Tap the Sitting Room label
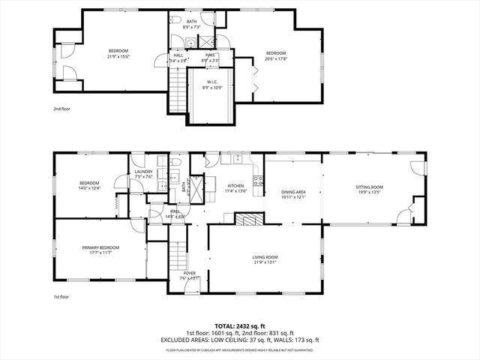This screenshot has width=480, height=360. coord(369,187)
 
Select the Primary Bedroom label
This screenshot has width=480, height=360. coord(100,247)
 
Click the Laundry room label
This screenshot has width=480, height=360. coord(143,172)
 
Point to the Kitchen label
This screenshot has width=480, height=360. coord(235,186)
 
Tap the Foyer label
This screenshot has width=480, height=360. coord(189,273)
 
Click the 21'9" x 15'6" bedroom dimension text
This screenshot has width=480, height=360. coord(118,56)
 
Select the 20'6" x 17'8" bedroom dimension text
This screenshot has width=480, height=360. coord(276,58)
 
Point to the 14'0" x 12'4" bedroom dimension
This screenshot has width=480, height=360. coord(89,188)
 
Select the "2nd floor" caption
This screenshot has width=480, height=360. coord(61,109)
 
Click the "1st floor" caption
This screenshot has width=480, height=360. coord(61,297)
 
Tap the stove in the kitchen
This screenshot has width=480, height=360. coord(258,180)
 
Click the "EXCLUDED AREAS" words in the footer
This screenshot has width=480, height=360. coord(183,339)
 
